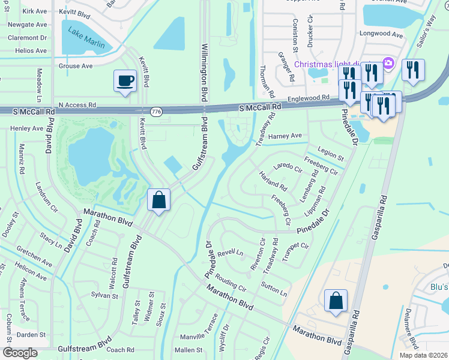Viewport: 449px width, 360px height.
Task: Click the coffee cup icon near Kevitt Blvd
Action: [125, 81]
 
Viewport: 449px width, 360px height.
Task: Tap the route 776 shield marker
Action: [157, 112]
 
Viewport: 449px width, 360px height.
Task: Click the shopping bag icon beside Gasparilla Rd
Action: [336, 301]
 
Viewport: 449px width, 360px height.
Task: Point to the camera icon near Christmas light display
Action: [388, 63]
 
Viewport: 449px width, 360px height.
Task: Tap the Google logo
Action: [20, 353]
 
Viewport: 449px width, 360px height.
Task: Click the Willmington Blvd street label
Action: [205, 72]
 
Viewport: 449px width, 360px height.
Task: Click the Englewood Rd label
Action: [309, 97]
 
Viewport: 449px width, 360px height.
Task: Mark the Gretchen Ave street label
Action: [35, 256]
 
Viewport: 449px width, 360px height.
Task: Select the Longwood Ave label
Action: [381, 35]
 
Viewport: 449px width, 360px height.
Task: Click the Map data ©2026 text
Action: [423, 355]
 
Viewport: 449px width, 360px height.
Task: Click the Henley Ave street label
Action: [27, 128]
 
